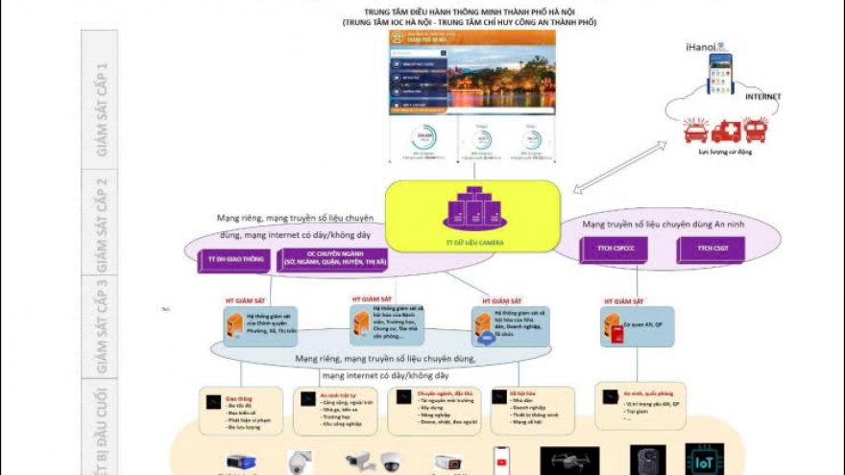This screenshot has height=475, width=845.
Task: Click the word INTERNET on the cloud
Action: (x=762, y=97)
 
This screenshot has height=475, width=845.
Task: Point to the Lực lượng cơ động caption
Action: (x=724, y=151)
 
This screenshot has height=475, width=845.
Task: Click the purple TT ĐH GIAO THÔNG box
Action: (x=233, y=260)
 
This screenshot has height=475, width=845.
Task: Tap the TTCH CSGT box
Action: (x=710, y=250)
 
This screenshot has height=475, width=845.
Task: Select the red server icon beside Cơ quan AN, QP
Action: (x=613, y=329)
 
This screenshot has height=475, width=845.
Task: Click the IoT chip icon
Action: (x=704, y=461)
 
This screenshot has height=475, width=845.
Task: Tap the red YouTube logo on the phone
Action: (x=500, y=460)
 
